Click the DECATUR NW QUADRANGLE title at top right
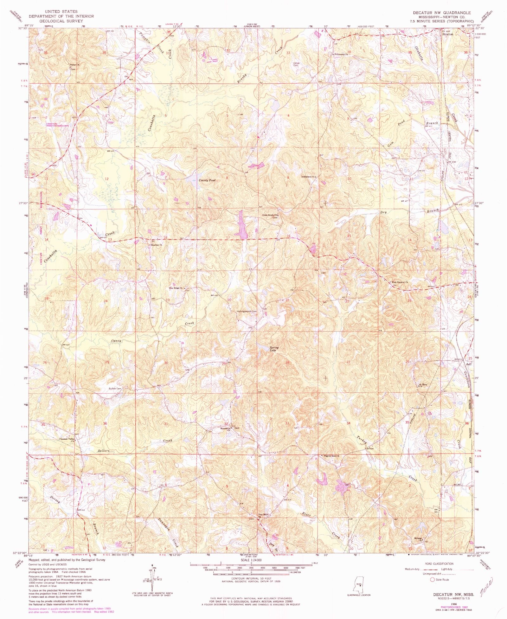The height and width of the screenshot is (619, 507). click(441, 13)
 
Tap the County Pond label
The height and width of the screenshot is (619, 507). click(207, 180)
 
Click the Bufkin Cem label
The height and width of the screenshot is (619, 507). click(115, 389)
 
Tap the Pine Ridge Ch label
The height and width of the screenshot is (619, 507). click(176, 288)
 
